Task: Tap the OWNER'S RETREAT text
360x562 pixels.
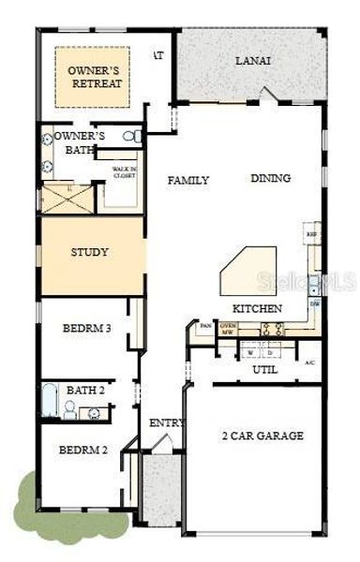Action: click(91, 76)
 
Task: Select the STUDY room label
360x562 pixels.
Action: click(90, 252)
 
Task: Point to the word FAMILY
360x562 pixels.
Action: click(187, 180)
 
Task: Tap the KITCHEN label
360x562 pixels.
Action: click(257, 308)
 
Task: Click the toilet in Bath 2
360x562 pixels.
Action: click(69, 408)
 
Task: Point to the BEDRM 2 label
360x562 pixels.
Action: click(84, 450)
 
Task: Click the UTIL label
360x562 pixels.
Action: click(265, 370)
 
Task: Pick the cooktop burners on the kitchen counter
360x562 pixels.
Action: click(273, 329)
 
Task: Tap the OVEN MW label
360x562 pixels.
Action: click(226, 328)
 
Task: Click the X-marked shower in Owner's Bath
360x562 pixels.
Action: click(67, 198)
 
